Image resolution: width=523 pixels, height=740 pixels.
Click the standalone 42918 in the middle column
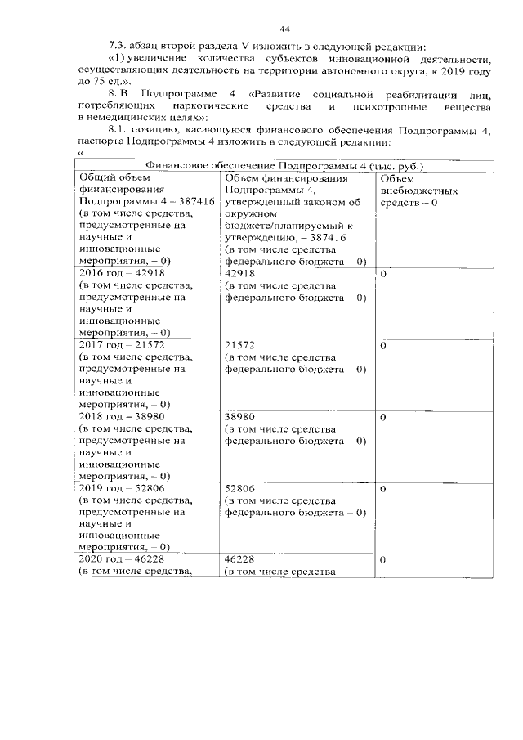click(239, 273)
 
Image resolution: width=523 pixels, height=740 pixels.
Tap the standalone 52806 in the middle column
click(239, 487)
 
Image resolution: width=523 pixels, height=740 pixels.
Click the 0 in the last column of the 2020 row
click(383, 560)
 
